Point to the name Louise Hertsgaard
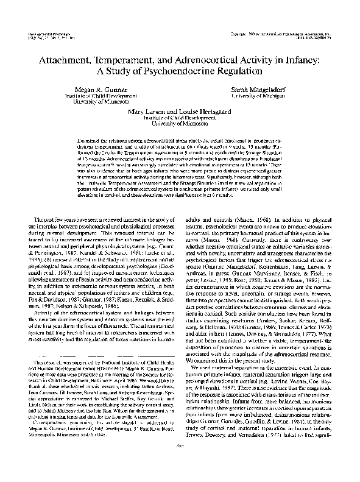click(210, 112)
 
